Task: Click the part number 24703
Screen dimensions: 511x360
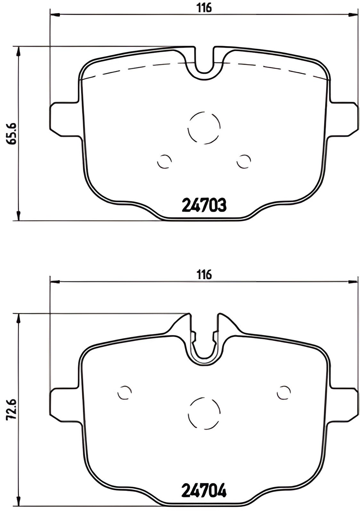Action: pyautogui.click(x=204, y=205)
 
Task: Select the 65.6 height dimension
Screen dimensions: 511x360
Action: pyautogui.click(x=13, y=134)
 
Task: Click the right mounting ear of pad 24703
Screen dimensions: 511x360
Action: pyautogui.click(x=344, y=118)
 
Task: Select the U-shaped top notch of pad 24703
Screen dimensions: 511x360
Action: pyautogui.click(x=204, y=64)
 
